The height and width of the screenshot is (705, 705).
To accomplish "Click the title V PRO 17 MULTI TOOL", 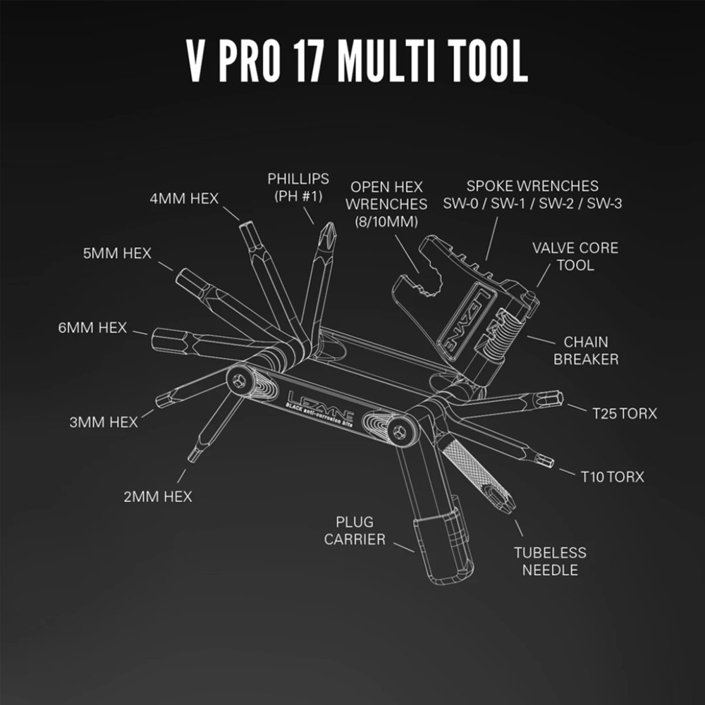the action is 357,61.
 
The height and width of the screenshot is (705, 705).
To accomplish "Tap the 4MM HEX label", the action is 184,198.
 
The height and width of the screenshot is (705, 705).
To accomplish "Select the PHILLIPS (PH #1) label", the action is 298,187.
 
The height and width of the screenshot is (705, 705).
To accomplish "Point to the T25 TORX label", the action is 625,413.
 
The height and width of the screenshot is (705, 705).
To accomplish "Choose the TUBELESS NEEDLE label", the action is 550,561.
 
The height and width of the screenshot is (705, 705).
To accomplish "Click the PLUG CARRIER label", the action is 355,531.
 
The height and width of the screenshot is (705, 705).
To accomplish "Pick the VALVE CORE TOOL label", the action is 575,257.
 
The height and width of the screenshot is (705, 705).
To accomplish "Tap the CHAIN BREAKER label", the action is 586,350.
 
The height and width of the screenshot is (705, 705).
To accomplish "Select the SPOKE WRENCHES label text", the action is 532,185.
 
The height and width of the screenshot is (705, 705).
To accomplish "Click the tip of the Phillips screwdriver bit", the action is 331,223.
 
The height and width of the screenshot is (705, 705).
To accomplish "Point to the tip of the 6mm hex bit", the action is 153,339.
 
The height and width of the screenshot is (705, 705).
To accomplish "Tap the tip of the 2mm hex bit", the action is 192,459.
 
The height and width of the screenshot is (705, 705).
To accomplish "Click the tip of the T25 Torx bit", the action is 560,398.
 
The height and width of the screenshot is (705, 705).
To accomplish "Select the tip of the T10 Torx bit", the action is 551,462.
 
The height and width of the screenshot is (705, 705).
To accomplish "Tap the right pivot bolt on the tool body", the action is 400,433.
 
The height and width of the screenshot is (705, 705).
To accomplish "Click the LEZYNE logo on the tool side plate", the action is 320,407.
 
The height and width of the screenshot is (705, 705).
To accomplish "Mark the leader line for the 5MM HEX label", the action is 165,266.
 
